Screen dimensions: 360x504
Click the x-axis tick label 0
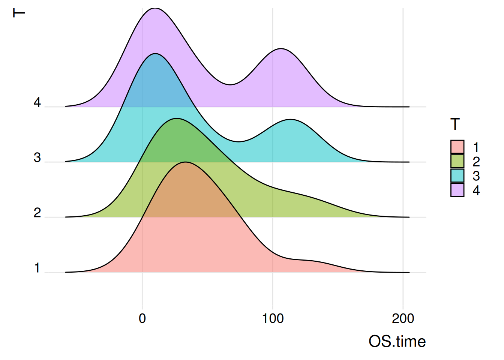coord(142,318)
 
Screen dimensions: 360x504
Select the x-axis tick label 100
coord(273,318)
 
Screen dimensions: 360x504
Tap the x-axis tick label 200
coord(403,318)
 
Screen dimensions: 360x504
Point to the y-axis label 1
coord(37,268)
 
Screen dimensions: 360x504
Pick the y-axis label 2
coord(37,213)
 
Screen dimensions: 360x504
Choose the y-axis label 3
coord(37,157)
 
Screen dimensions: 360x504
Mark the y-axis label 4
coord(37,102)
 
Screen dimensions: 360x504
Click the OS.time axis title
coord(397,342)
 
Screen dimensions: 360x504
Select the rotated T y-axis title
coord(19,13)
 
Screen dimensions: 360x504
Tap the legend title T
coord(455,124)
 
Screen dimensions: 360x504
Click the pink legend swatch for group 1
coord(457,147)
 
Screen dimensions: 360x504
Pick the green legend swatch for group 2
coord(457,161)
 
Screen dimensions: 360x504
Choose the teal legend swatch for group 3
coord(457,175)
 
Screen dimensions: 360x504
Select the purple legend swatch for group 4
coord(457,190)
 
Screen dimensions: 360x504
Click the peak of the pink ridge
coord(186,162)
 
